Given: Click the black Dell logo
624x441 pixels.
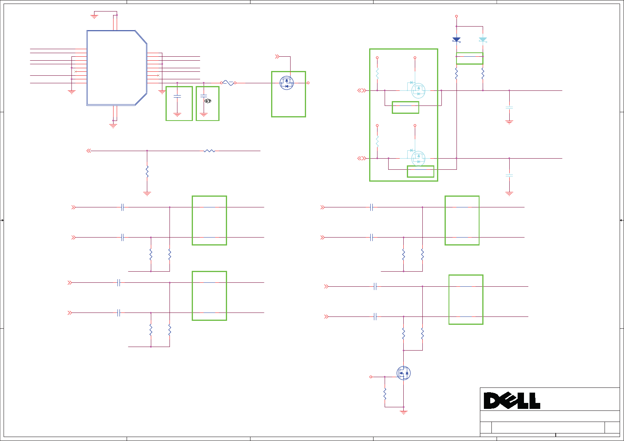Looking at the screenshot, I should (x=512, y=401).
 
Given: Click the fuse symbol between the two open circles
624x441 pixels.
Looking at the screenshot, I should (x=228, y=83).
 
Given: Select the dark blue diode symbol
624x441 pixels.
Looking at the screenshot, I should (x=456, y=40).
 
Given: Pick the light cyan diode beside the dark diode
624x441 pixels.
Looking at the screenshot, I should (x=483, y=40).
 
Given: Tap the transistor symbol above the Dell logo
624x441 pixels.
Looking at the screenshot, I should (x=403, y=373).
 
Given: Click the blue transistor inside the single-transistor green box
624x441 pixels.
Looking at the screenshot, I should (x=287, y=83).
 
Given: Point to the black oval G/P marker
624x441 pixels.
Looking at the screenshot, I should (x=208, y=101).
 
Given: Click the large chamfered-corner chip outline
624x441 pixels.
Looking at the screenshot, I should (x=117, y=68).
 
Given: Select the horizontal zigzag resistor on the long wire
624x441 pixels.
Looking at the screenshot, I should (x=209, y=151).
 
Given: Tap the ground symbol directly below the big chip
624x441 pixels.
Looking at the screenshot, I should (x=113, y=126).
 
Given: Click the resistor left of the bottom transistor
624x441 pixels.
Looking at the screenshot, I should (x=385, y=393).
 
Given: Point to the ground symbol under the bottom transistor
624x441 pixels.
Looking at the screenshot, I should (x=403, y=412).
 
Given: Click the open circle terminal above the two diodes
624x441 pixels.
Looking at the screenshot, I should (x=456, y=16).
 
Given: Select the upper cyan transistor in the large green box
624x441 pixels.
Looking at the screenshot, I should (x=418, y=90).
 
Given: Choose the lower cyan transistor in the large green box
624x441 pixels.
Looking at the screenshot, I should (x=418, y=158).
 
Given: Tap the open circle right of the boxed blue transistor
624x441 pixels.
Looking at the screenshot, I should (x=308, y=83).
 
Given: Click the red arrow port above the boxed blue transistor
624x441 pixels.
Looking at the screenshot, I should (x=277, y=57).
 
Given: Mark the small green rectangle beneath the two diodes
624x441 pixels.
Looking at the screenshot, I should (x=470, y=58).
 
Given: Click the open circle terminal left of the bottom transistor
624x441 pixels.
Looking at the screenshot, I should (x=371, y=377).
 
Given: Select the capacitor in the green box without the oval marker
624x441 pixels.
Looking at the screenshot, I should (x=177, y=96).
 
